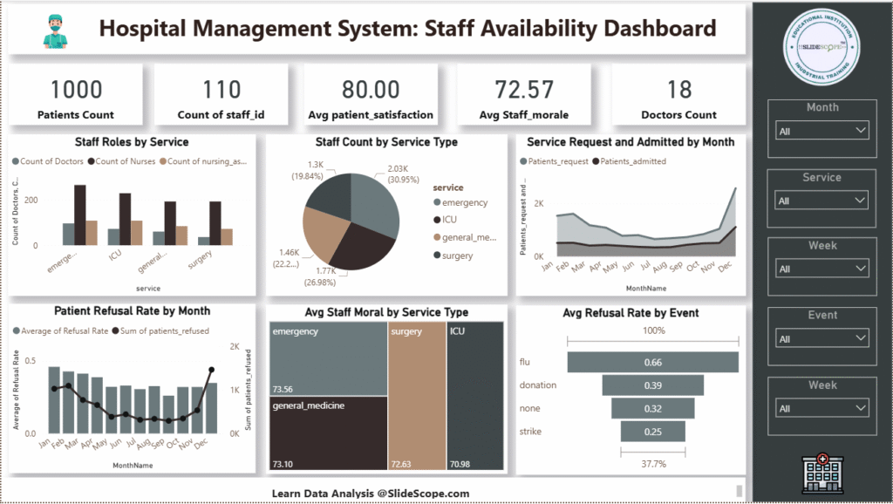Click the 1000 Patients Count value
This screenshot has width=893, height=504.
(x=76, y=89)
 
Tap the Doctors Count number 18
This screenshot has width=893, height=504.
(x=678, y=89)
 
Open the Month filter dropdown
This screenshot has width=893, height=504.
(x=822, y=131)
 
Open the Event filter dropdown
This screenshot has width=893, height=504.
(x=822, y=338)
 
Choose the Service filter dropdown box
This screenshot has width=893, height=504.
(x=822, y=201)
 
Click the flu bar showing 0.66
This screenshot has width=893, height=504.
(x=652, y=362)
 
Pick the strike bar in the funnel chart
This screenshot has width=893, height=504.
(x=652, y=432)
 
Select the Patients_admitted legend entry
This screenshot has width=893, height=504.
(x=628, y=161)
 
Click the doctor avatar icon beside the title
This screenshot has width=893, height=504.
(x=54, y=30)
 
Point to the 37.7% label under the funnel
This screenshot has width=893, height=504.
(x=652, y=465)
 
